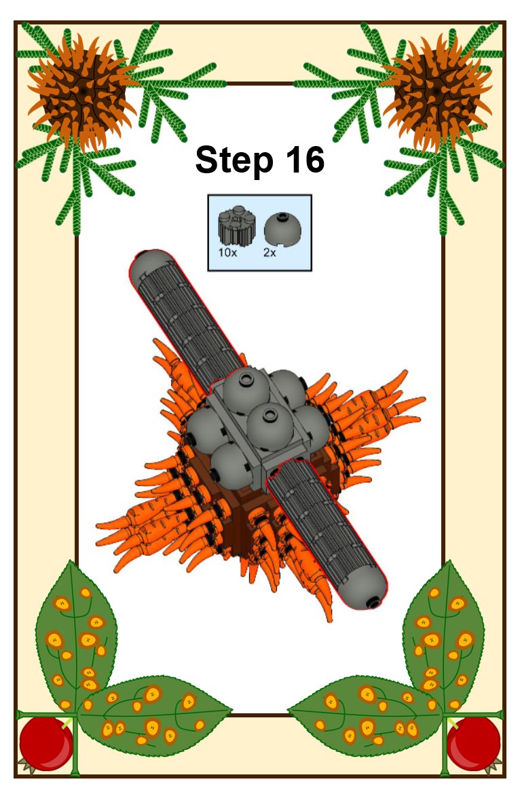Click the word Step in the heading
coord(234,161)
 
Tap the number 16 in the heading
coord(305,159)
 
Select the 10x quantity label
coord(227,253)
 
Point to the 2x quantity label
coord(270,253)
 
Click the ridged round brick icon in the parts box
coord(236,226)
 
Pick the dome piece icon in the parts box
coord(282,229)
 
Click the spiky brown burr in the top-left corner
coord(82,91)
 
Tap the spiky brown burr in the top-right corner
coord(437,91)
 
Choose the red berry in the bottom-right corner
coord(473,743)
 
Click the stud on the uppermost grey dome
coord(247,380)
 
